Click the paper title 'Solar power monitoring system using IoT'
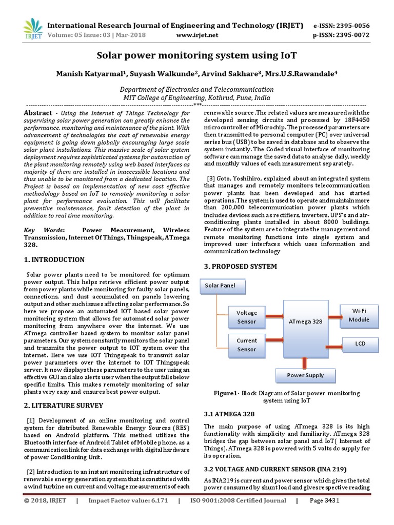(197, 55)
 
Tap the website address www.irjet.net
(197, 35)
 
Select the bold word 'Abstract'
(38, 113)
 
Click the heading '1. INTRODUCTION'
(54, 260)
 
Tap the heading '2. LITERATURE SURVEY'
(64, 406)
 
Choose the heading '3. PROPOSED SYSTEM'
(240, 267)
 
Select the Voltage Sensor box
(246, 317)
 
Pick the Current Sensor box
(246, 345)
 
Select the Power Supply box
(305, 375)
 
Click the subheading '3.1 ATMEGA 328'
(229, 414)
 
